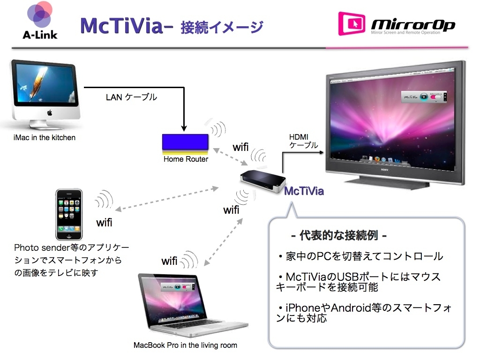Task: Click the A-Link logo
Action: tap(39, 21)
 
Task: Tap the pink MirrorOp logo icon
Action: tap(352, 23)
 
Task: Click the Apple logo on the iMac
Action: tap(48, 113)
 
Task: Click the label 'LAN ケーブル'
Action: tap(131, 97)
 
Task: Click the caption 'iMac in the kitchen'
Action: tap(45, 138)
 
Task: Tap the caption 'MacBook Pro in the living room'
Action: tap(185, 345)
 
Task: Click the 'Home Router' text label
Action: tap(186, 159)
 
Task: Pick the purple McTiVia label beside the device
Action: tap(304, 191)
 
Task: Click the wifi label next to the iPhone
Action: tap(104, 223)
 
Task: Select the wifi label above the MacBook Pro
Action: tap(169, 261)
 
